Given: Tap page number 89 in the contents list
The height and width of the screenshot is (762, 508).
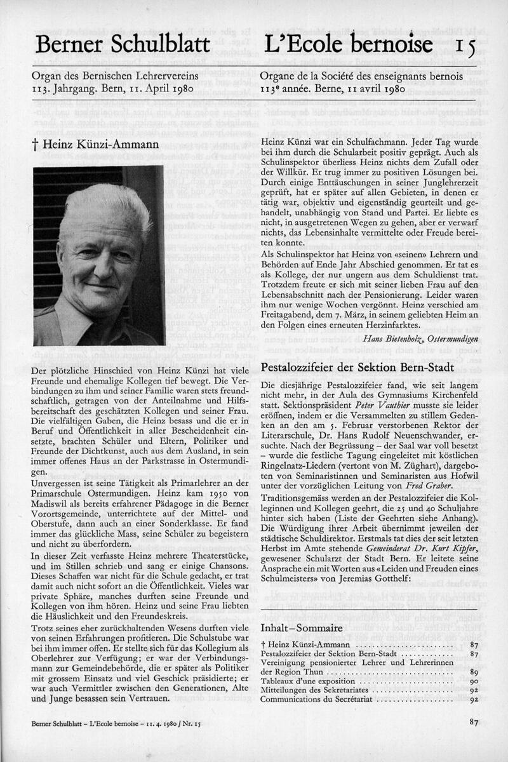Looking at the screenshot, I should tap(474, 671).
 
